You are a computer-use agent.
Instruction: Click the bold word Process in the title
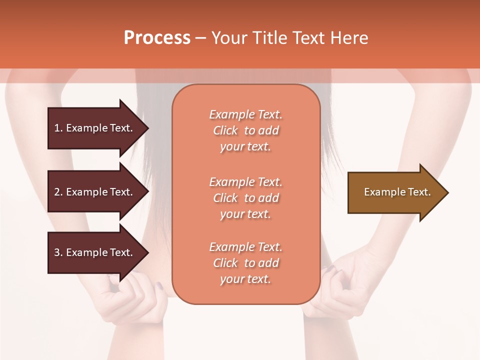coord(157,38)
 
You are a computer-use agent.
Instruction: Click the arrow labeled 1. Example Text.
coord(95,128)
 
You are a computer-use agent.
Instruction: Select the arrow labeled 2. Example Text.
coord(95,192)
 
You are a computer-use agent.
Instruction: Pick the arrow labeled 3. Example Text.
coord(95,252)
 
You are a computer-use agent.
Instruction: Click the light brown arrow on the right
coord(395,192)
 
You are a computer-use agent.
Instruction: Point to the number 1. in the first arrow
coord(58,128)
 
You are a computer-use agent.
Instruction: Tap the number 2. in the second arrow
coord(58,192)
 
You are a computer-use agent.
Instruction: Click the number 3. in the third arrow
coord(58,252)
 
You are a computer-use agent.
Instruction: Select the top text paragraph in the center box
coord(245,130)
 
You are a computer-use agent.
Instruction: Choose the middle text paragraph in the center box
coord(245,197)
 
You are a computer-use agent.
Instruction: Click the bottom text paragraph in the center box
coord(245,263)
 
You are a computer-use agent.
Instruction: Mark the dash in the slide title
coord(200,38)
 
